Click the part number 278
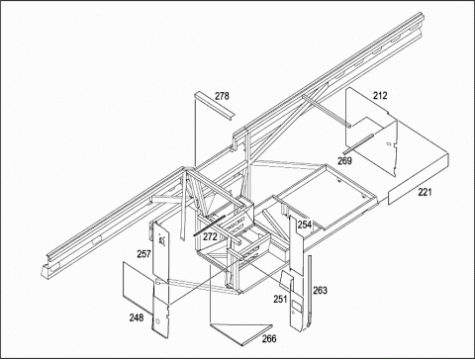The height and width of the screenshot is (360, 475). [222, 96]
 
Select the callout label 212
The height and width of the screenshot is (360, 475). [380, 96]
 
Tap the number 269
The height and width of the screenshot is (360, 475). [344, 161]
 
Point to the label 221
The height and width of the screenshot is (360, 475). [425, 192]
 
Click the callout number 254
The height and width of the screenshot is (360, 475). [305, 225]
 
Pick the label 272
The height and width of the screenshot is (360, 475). [210, 236]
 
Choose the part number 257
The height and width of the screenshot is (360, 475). [144, 254]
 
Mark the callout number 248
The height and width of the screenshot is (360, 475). [137, 317]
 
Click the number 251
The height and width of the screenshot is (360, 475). [280, 299]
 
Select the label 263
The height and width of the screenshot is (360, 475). [320, 291]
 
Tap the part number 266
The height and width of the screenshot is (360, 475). [269, 338]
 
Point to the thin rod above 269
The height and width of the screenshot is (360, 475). [358, 143]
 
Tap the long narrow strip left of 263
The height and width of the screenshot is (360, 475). [309, 292]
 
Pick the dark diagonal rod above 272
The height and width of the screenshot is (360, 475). [209, 225]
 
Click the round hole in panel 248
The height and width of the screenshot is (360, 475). [157, 321]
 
